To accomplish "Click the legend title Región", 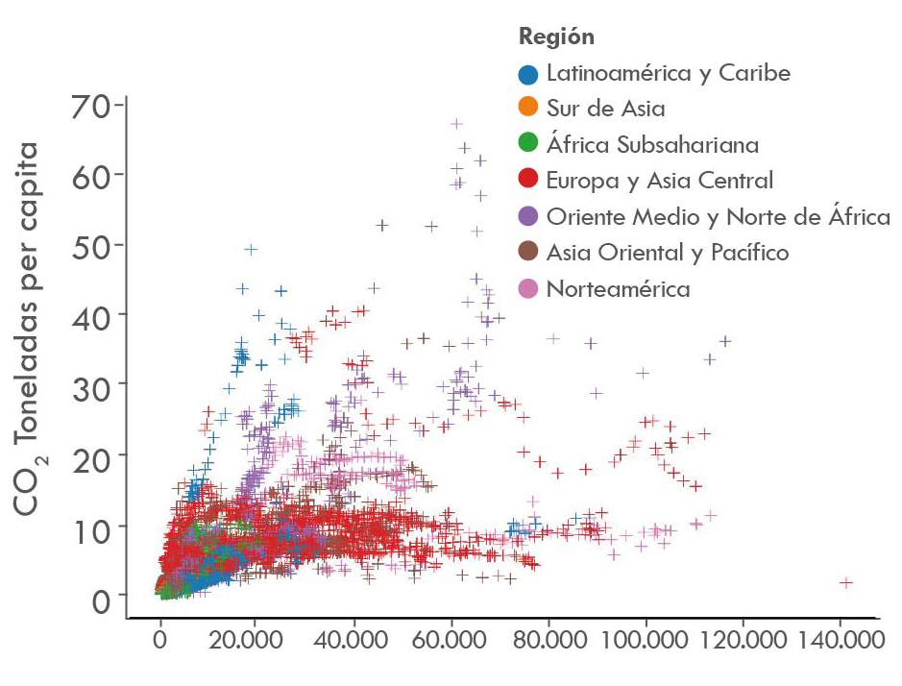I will (556, 37).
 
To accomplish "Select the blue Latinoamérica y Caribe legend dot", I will (527, 74).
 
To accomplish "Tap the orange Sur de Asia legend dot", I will (527, 110).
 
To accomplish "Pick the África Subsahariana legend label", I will (652, 145).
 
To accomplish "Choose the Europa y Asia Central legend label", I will (659, 181).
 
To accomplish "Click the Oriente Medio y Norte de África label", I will (718, 217).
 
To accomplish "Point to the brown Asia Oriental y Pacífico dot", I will (527, 253).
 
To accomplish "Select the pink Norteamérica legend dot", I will (527, 288).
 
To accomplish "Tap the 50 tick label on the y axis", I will (89, 244).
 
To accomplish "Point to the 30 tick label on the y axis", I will (89, 384).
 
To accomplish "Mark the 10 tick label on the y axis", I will (89, 525).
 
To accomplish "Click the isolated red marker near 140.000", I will (846, 582).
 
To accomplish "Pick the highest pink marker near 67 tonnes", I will (456, 124).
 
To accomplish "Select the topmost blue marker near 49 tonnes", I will (251, 249).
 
